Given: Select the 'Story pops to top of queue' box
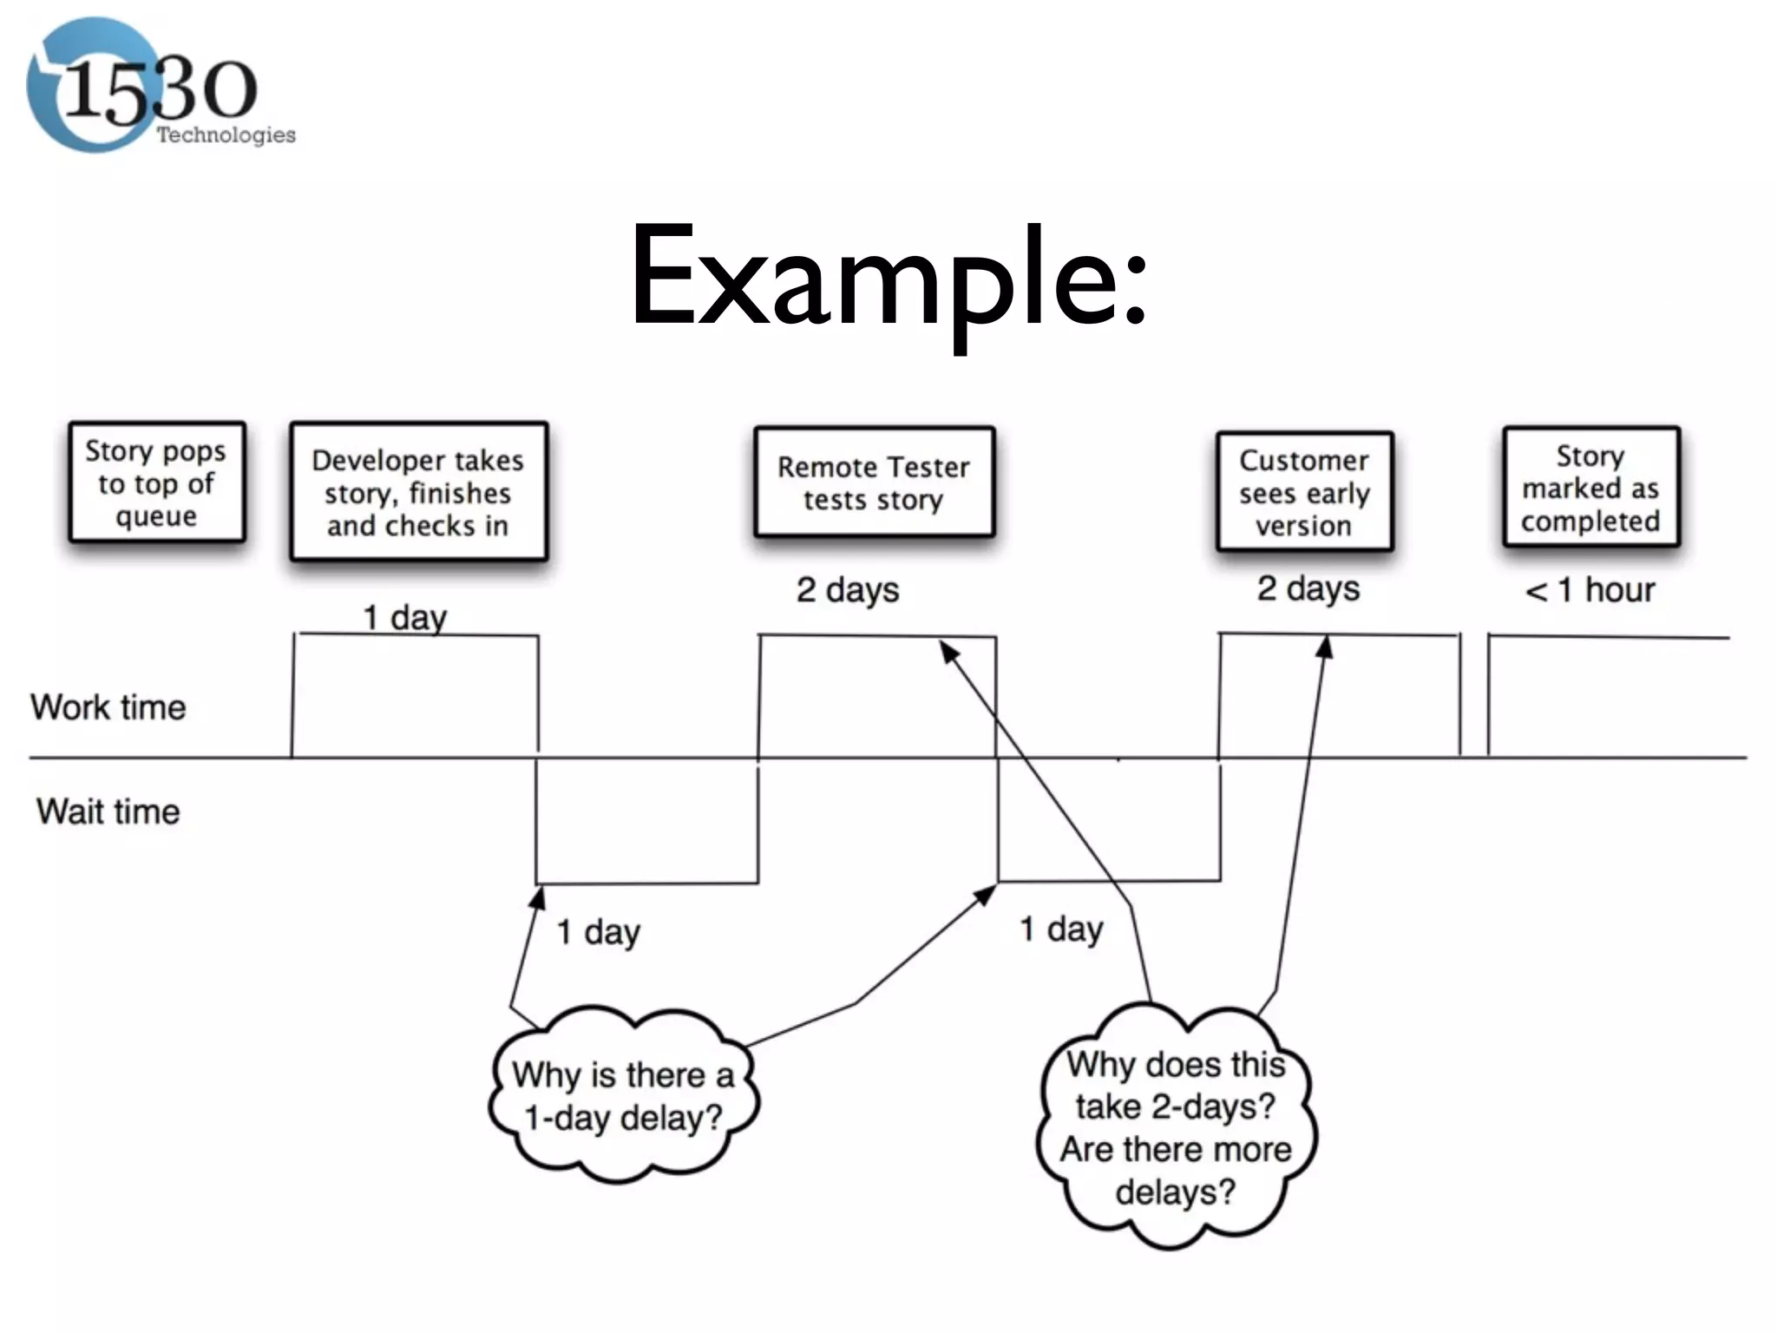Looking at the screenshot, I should click(157, 483).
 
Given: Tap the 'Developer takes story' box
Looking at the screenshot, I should click(418, 492).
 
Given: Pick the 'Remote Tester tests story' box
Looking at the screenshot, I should click(874, 483).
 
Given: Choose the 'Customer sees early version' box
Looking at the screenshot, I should click(1304, 492).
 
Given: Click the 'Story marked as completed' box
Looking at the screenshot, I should click(1590, 488).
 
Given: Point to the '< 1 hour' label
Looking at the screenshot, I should click(1590, 590).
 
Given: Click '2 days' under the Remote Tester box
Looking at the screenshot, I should click(848, 590).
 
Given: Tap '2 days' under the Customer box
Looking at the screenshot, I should click(1308, 588).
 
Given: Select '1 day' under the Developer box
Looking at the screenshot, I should click(404, 618).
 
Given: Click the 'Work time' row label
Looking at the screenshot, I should click(108, 707).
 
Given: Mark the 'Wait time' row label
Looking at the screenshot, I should click(108, 811).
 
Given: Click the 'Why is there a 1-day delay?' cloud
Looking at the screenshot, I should click(623, 1095).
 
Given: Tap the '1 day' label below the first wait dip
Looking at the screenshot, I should click(598, 932).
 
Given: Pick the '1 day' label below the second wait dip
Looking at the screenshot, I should click(1061, 929).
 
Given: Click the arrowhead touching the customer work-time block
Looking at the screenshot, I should click(1325, 646).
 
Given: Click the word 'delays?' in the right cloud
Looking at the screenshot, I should click(1175, 1192).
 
